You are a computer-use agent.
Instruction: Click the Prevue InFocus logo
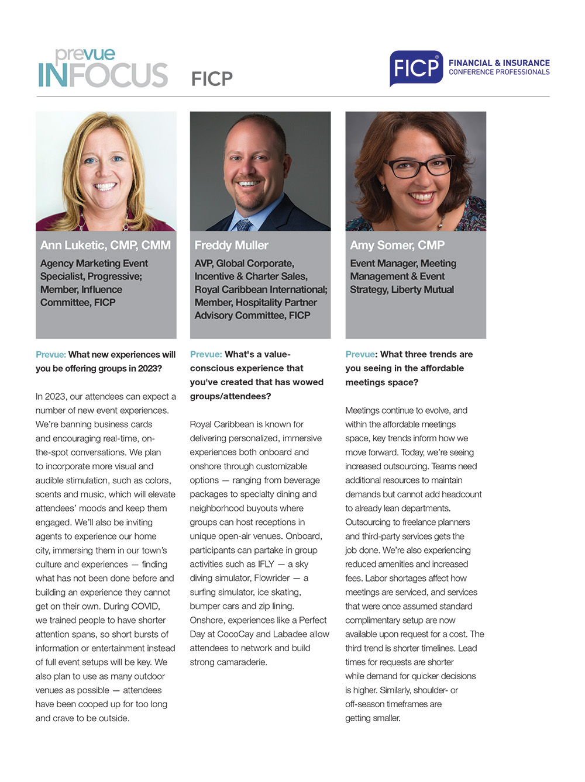pos(103,69)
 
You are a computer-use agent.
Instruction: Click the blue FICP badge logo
pos(416,68)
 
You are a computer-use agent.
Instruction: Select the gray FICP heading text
pos(212,79)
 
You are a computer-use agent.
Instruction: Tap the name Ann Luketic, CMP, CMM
pos(105,245)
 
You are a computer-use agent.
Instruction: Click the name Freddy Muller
pos(232,245)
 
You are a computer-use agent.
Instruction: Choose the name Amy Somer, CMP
pos(397,245)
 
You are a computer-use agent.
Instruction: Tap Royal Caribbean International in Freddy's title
pos(260,289)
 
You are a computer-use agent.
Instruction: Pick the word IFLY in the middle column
pos(266,564)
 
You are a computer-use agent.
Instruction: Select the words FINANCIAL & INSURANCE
pos(499,63)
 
